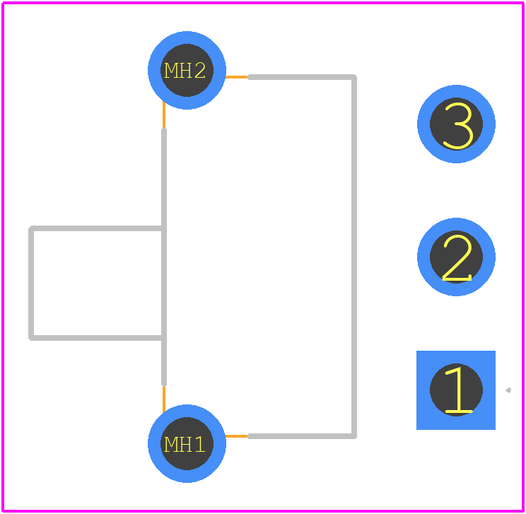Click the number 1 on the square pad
pyautogui.click(x=458, y=390)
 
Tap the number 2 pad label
pyautogui.click(x=457, y=257)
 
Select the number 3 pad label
pyautogui.click(x=458, y=125)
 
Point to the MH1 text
pyautogui.click(x=185, y=444)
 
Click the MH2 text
pyautogui.click(x=185, y=71)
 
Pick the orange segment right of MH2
pyautogui.click(x=237, y=77)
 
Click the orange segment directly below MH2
pyautogui.click(x=164, y=115)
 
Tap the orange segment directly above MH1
pyautogui.click(x=164, y=399)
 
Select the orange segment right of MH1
pyautogui.click(x=237, y=436)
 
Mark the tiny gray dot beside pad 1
pyautogui.click(x=508, y=390)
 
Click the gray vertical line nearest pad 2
pyautogui.click(x=354, y=257)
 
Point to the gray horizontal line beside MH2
pyautogui.click(x=302, y=77)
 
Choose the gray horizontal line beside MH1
pyautogui.click(x=302, y=436)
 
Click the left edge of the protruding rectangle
pyautogui.click(x=31, y=284)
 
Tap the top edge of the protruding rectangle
pyautogui.click(x=97, y=228)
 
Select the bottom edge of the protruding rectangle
pyautogui.click(x=97, y=338)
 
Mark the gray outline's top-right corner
pyautogui.click(x=354, y=77)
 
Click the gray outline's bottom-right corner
pyautogui.click(x=354, y=436)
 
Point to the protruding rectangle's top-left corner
pyautogui.click(x=31, y=228)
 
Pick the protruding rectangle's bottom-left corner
pyautogui.click(x=31, y=338)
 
